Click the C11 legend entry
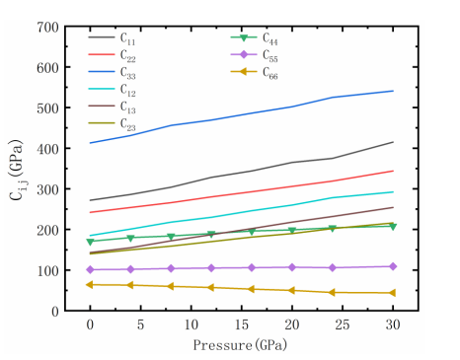coord(112,38)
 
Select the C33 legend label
coord(128,73)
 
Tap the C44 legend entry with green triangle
coord(255,38)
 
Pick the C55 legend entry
coord(255,55)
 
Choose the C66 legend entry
coord(255,73)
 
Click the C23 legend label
coord(128,124)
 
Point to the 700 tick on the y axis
coord(47,28)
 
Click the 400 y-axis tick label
coord(47,149)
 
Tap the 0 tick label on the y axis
coord(55,312)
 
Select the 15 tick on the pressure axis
coord(242,324)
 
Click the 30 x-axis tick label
coord(393,324)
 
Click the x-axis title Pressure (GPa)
coord(240,345)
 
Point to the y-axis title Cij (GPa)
coord(17,170)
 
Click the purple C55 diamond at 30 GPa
coord(393,266)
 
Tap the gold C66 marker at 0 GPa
coord(90,285)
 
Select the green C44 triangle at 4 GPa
coord(130,238)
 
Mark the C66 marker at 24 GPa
coord(332,293)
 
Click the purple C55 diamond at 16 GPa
coord(252,267)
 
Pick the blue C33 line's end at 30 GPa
coord(393,91)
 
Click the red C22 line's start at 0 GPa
coord(90,212)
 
